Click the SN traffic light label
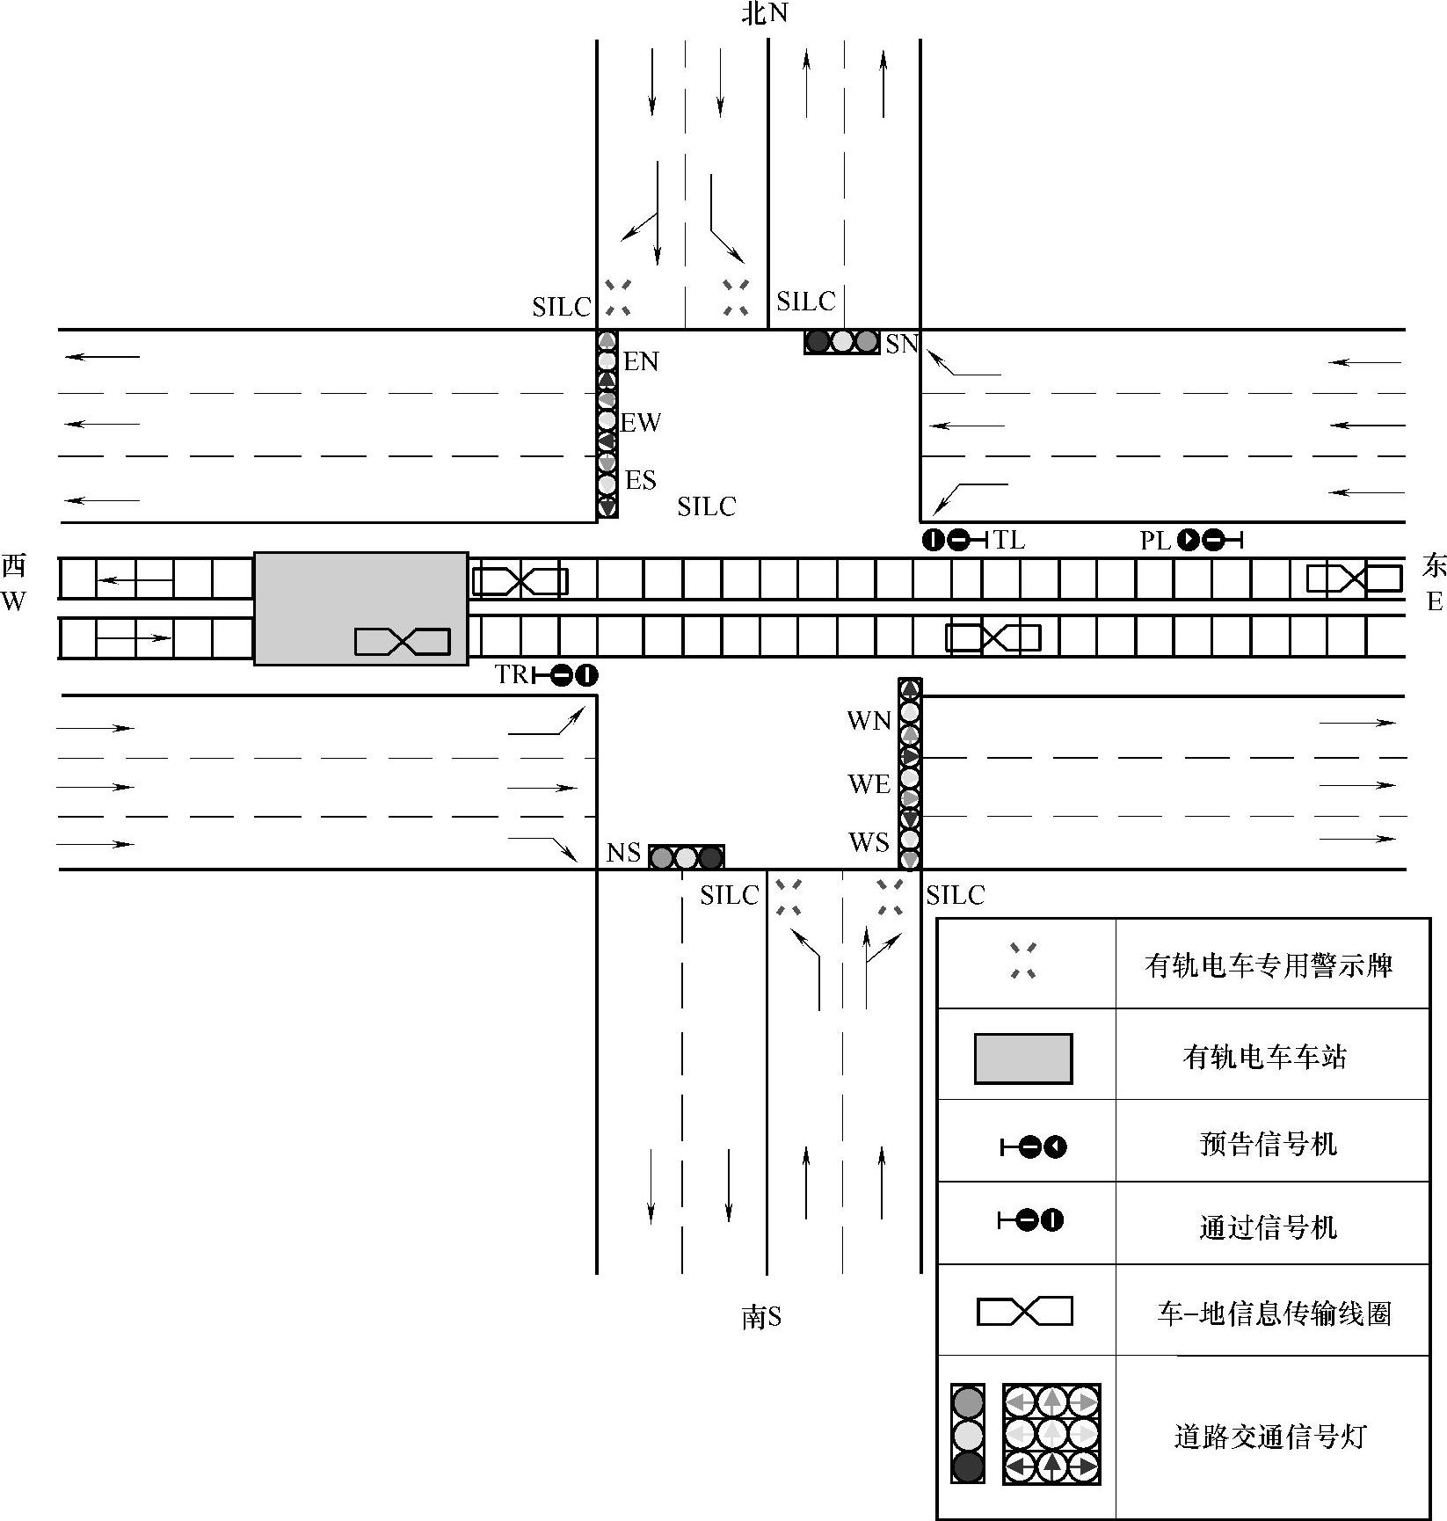(x=901, y=345)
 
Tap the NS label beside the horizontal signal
(x=623, y=853)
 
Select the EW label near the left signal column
(x=640, y=423)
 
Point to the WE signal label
(x=869, y=784)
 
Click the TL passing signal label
(x=1008, y=540)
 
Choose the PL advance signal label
(x=1155, y=541)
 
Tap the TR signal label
(x=511, y=674)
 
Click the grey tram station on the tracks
(x=360, y=608)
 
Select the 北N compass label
(x=765, y=14)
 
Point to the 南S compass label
(x=761, y=1317)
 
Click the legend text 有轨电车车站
(x=1264, y=1056)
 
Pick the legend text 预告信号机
(x=1268, y=1144)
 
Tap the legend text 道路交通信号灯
(x=1269, y=1437)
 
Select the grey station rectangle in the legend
(x=1022, y=1059)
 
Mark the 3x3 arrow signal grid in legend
(x=1051, y=1434)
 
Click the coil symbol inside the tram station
(x=402, y=642)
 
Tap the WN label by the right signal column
(x=869, y=721)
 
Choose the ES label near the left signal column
(x=640, y=480)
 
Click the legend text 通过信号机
(x=1268, y=1226)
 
